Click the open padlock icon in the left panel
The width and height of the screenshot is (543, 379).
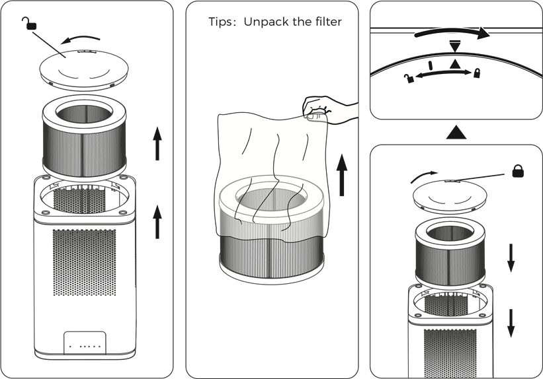(29, 23)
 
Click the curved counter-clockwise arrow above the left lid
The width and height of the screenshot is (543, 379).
(80, 38)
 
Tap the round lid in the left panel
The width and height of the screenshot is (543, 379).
(84, 70)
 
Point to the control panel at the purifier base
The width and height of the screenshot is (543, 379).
(85, 343)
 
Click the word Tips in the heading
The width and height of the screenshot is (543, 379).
(220, 22)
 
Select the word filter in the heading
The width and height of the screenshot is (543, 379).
(328, 21)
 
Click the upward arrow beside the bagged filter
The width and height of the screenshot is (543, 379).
(342, 175)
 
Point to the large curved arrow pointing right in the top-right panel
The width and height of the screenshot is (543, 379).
(452, 32)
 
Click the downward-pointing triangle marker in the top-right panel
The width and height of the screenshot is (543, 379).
(455, 46)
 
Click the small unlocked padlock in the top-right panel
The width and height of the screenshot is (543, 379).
(409, 78)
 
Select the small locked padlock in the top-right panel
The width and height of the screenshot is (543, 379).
(478, 73)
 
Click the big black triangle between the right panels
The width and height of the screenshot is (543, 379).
(456, 133)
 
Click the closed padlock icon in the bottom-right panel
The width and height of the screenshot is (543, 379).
(518, 171)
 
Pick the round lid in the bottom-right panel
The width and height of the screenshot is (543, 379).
(450, 197)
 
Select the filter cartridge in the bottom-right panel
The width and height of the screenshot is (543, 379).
(450, 254)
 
